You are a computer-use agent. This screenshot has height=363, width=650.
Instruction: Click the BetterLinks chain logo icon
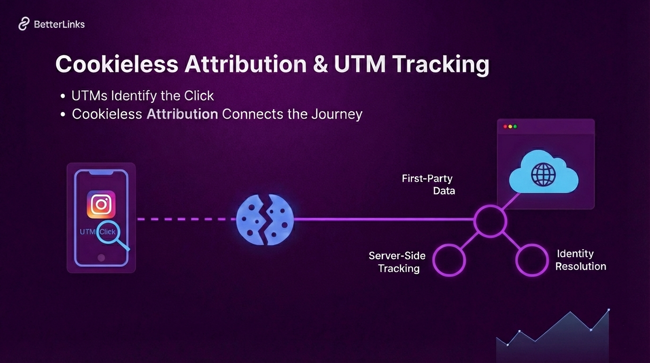pos(24,24)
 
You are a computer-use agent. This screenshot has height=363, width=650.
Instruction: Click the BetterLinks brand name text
pos(60,24)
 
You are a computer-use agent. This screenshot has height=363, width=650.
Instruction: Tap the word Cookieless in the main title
pos(117,65)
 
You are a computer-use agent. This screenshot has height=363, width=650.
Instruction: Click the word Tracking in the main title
pos(440,65)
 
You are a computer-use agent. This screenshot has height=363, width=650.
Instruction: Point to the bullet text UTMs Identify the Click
pos(142,95)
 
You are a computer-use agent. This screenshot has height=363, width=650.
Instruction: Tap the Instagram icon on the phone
pos(101,204)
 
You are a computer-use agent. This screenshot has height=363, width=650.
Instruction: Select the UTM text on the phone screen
pos(88,232)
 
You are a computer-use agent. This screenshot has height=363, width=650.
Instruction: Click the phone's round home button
pos(101,258)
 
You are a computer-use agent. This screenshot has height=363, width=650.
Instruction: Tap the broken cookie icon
pos(265,219)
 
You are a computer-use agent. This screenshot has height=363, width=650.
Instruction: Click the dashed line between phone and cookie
pos(186,219)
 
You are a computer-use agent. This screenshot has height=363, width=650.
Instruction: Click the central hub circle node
pos(490,220)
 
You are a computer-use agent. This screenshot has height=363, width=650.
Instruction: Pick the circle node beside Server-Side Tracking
pos(449,260)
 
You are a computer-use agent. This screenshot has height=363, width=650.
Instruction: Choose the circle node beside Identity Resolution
pos(531,260)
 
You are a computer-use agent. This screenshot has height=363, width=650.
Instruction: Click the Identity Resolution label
pos(580,260)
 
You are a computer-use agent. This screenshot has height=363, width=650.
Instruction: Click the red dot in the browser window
pos(505,127)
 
